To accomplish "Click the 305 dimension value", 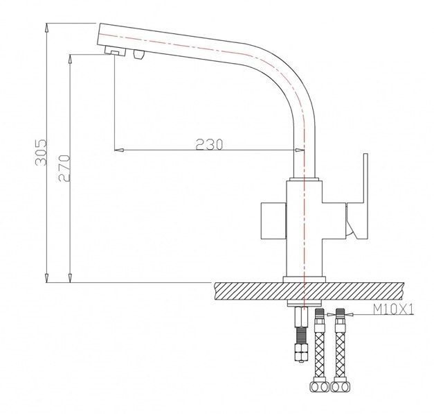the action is pyautogui.click(x=42, y=153).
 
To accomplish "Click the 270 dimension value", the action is pyautogui.click(x=64, y=169).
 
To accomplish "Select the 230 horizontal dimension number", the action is pyautogui.click(x=209, y=144).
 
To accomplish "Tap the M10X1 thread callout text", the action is pyautogui.click(x=393, y=309).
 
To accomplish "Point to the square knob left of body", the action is pyautogui.click(x=273, y=221).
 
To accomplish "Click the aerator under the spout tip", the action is pyautogui.click(x=116, y=51).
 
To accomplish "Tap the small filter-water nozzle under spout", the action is pyautogui.click(x=139, y=54).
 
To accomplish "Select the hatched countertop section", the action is pyautogui.click(x=309, y=291).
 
